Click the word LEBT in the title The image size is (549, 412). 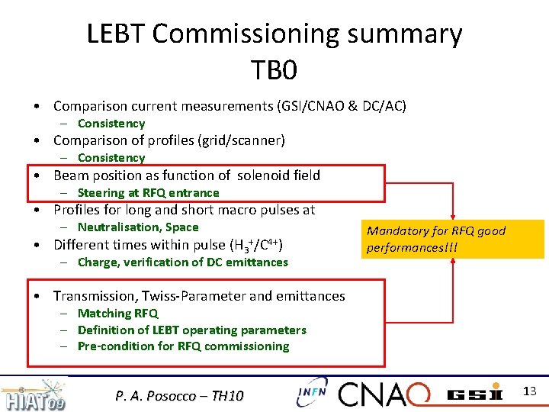pos(118,34)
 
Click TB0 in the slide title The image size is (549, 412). pos(274,70)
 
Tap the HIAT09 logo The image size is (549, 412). pos(34,395)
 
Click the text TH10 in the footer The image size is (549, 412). pos(226,395)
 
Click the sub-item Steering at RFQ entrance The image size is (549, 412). pos(148,193)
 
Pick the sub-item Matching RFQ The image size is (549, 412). pos(117,313)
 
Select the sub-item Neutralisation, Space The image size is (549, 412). pos(137,227)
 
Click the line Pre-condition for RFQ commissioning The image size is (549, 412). pos(183,346)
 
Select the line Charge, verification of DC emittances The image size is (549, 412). pos(182,262)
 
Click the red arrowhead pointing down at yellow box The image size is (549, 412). pos(453,217)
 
